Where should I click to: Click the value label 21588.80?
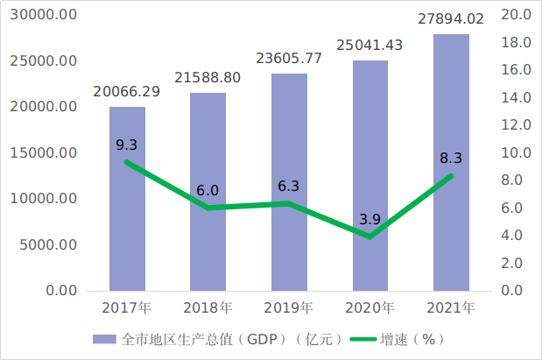(x=208, y=78)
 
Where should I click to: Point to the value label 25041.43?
(x=370, y=46)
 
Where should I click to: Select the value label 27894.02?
(x=451, y=19)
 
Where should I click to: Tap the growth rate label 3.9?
(x=370, y=218)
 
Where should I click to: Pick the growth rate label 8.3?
(x=451, y=158)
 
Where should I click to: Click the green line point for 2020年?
(x=370, y=236)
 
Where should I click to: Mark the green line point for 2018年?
(x=208, y=208)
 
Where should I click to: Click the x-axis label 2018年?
(x=208, y=307)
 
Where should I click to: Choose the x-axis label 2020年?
(x=370, y=307)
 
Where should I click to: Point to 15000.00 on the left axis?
(x=45, y=153)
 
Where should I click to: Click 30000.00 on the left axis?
(x=45, y=16)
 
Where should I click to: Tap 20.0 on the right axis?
(x=514, y=16)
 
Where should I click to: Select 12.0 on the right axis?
(x=514, y=125)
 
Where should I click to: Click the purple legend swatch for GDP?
(x=105, y=339)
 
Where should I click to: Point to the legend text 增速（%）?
(x=412, y=339)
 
